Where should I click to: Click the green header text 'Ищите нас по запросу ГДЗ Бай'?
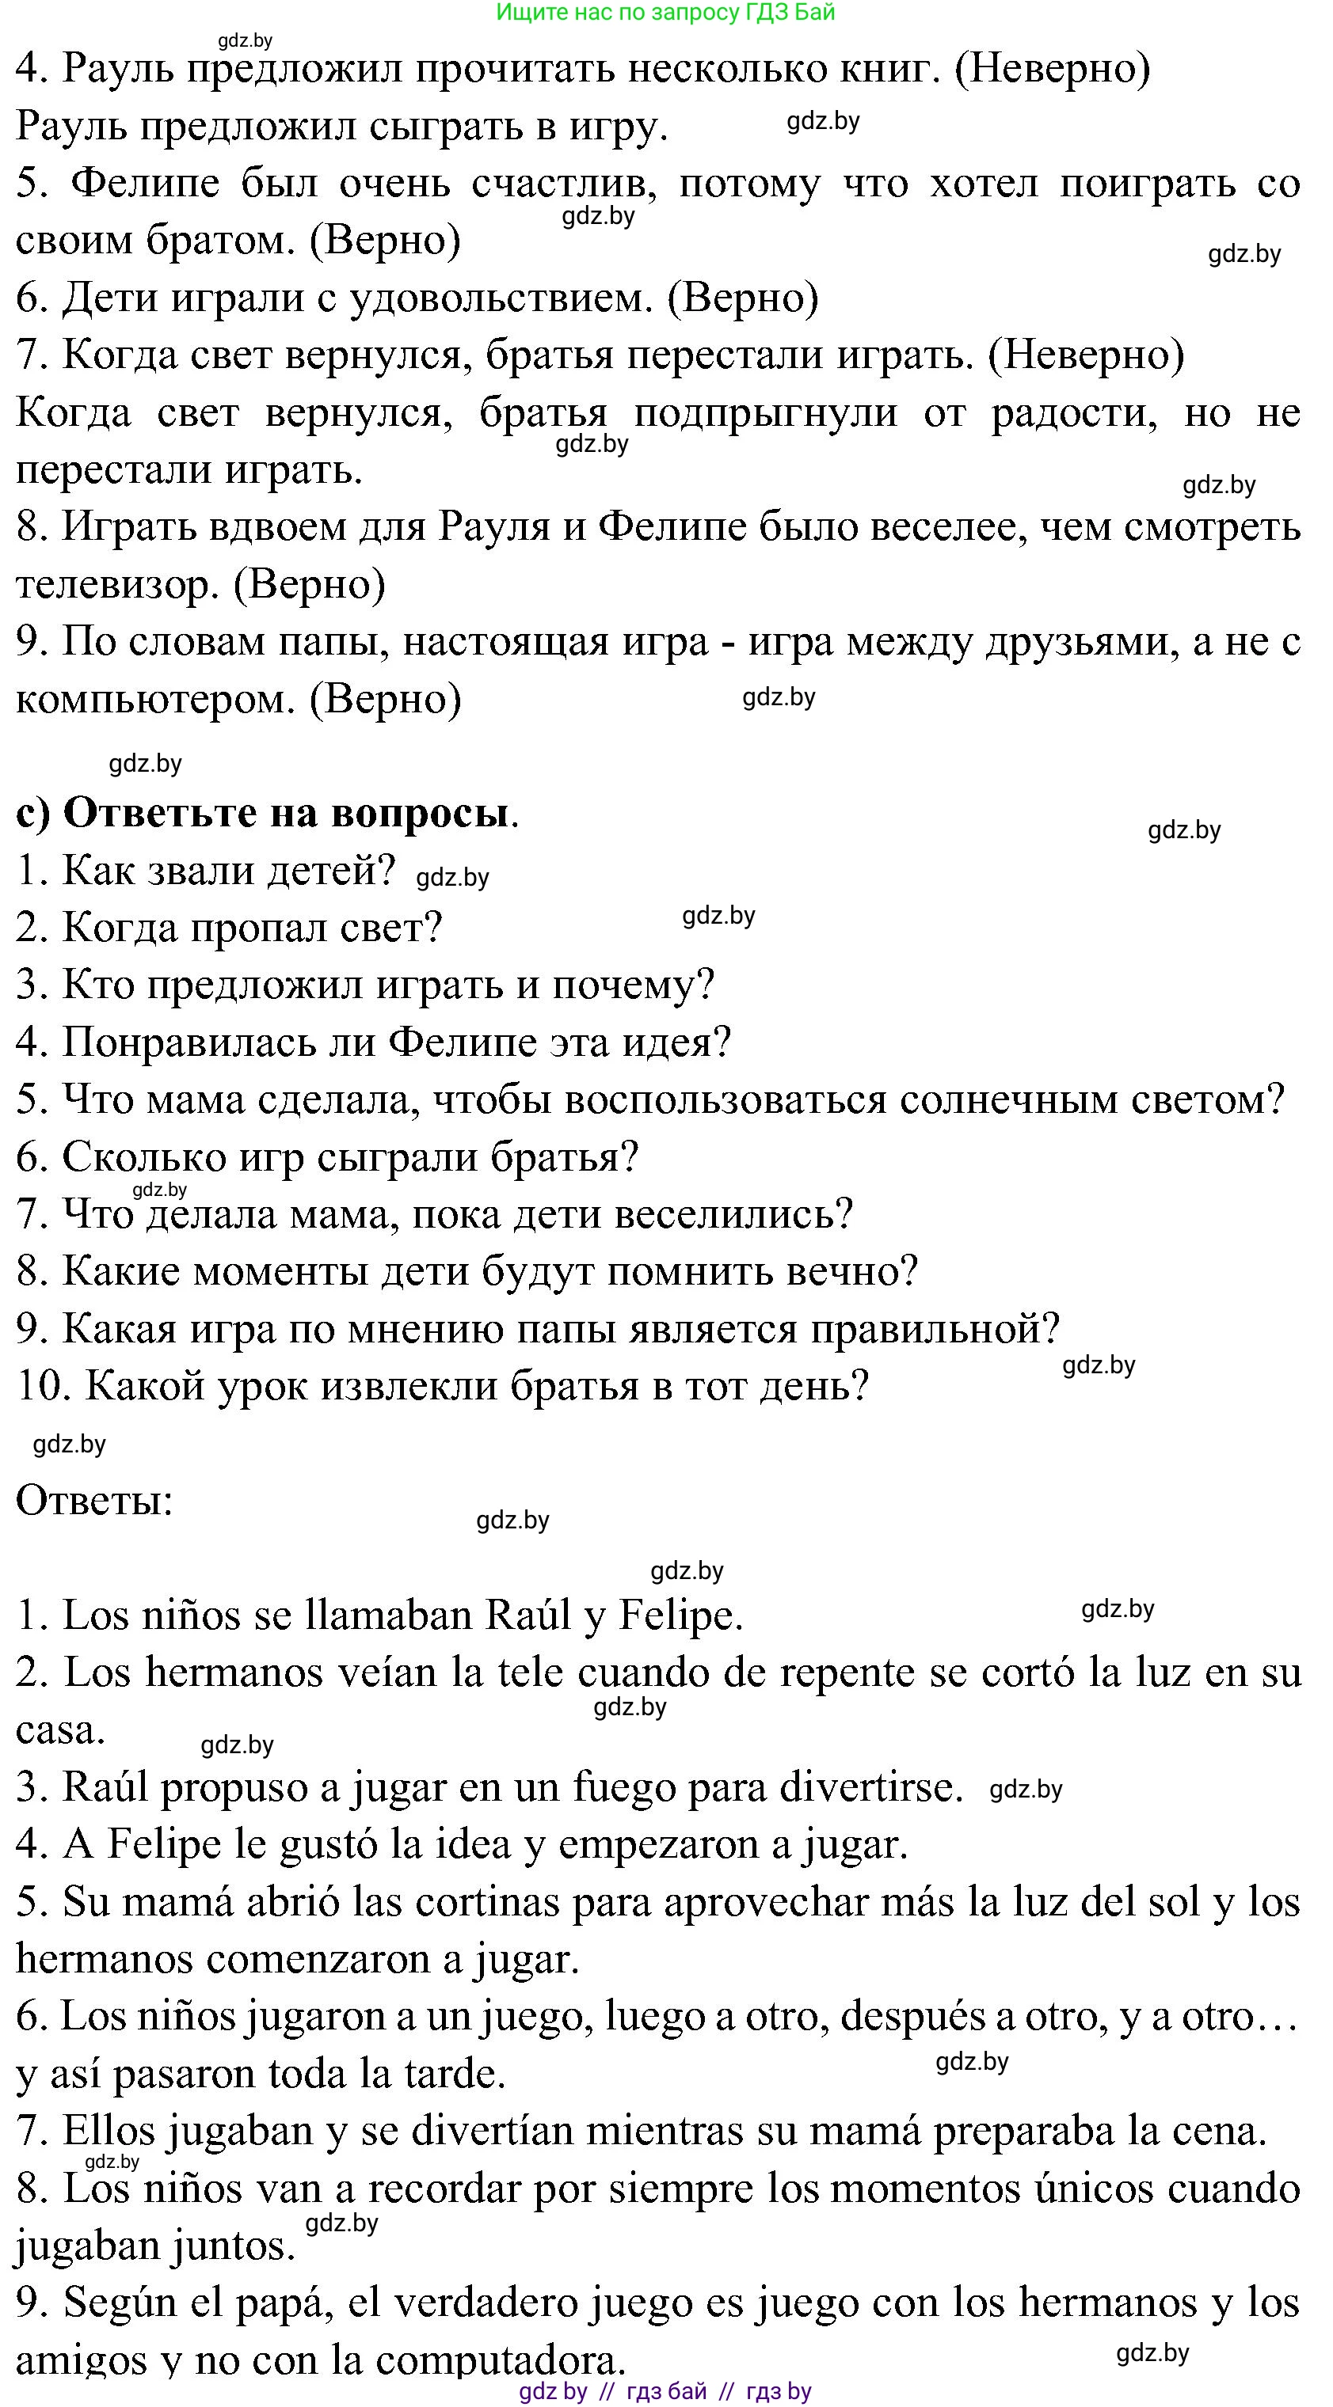pos(665,12)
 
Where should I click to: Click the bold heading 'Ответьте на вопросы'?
pos(285,813)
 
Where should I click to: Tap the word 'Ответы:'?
pos(94,1502)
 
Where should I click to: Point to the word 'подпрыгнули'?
pos(766,413)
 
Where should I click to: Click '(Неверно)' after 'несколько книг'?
pos(1053,69)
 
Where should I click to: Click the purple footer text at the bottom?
pos(665,2391)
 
